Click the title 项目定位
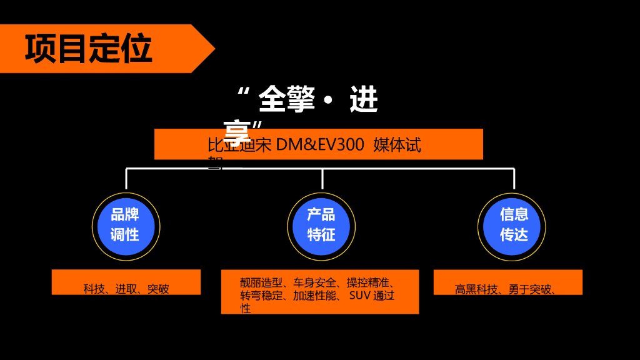[x=89, y=49]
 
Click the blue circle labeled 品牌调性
[x=126, y=226]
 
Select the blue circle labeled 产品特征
[x=321, y=226]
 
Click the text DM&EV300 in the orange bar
[x=320, y=145]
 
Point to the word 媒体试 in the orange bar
[x=397, y=145]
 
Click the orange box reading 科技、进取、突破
[x=126, y=282]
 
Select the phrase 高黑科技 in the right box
[x=476, y=289]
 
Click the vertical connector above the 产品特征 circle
[x=322, y=179]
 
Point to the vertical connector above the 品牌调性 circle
[x=126, y=179]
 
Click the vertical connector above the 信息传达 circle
[x=514, y=179]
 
